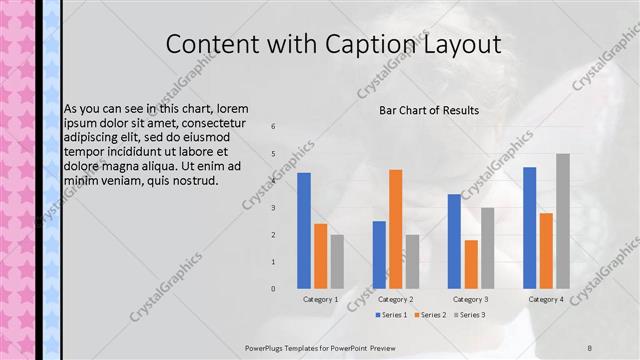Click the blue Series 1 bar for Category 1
coord(304,230)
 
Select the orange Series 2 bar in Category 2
coord(395,229)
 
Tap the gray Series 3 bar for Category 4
coord(562,221)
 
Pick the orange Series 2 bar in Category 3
coord(471,264)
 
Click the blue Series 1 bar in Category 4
coord(529,227)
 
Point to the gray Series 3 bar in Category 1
coord(337,261)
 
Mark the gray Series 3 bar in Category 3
coord(487,248)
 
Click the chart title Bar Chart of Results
coord(429,110)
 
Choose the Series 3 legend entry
coord(470,315)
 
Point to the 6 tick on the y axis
coord(273,127)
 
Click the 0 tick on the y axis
coord(273,288)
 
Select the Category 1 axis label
coord(320,299)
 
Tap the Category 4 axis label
coord(545,299)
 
